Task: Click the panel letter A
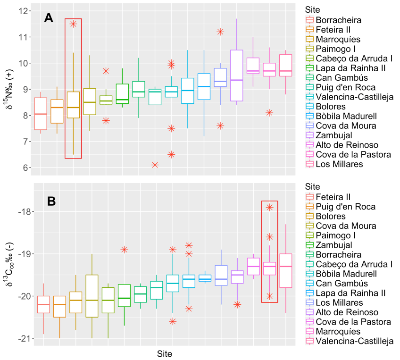pyautogui.click(x=49, y=18)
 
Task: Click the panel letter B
pyautogui.click(x=51, y=201)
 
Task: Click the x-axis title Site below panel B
pyautogui.click(x=165, y=353)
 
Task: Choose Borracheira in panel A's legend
pyautogui.click(x=339, y=20)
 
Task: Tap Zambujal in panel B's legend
pyautogui.click(x=334, y=244)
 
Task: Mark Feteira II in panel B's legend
pyautogui.click(x=333, y=196)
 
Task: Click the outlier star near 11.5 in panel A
pyautogui.click(x=73, y=24)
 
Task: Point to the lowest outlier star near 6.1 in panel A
pyautogui.click(x=155, y=165)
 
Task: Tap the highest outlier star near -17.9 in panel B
pyautogui.click(x=269, y=207)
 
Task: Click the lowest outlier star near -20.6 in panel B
pyautogui.click(x=173, y=321)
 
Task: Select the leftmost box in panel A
pyautogui.click(x=41, y=113)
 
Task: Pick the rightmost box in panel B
pyautogui.click(x=286, y=270)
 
